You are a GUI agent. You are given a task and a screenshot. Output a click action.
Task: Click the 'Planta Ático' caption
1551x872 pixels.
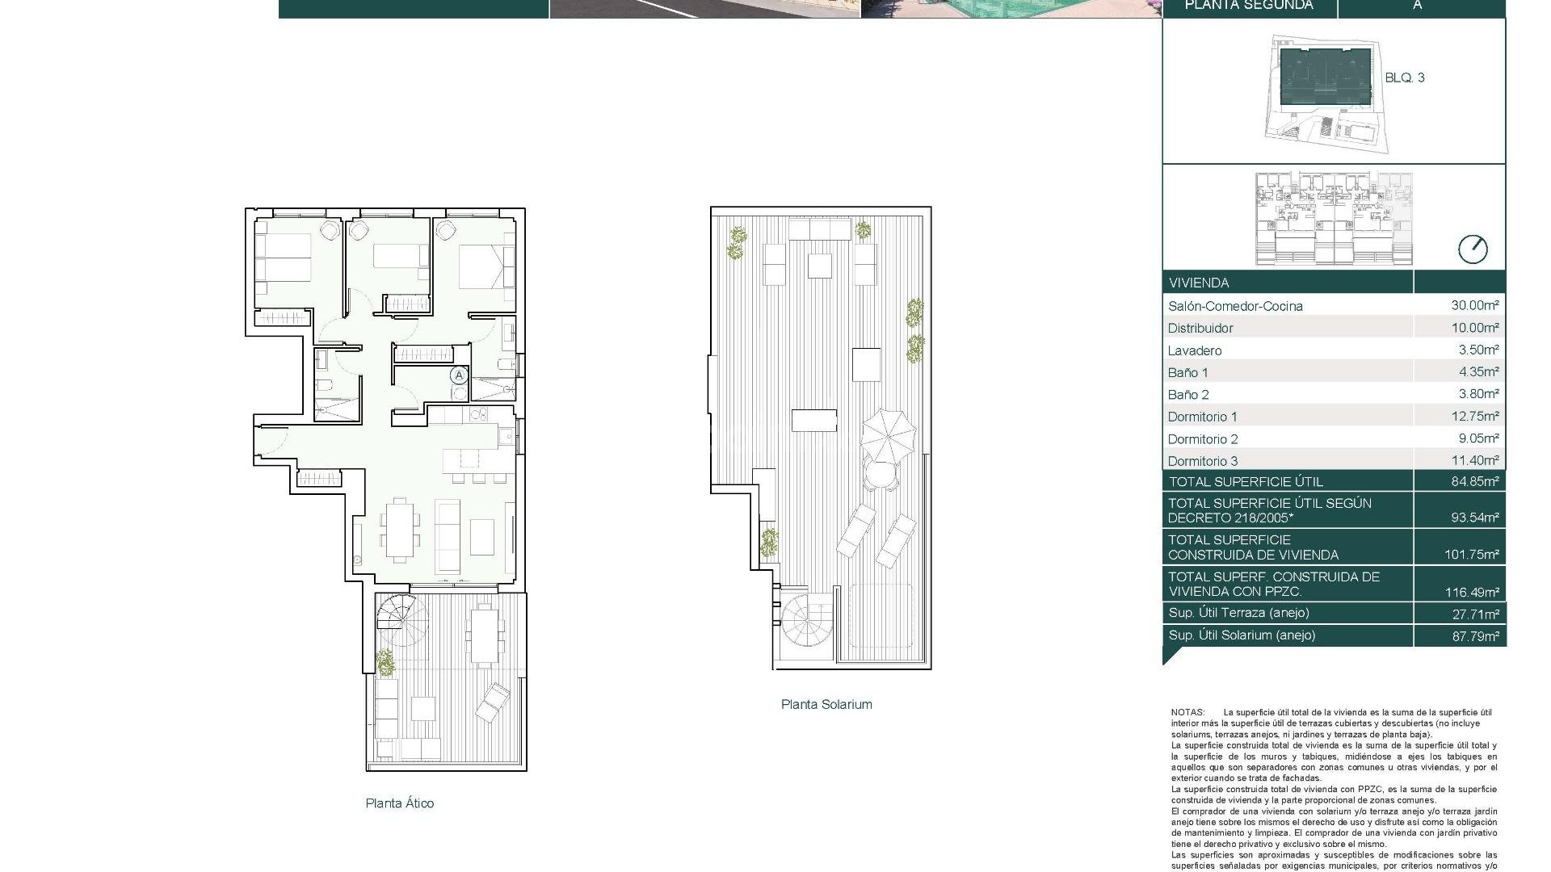(x=399, y=803)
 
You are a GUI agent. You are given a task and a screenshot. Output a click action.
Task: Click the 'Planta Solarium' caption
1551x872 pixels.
(x=826, y=704)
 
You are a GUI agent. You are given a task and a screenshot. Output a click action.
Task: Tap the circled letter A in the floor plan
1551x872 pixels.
(x=459, y=375)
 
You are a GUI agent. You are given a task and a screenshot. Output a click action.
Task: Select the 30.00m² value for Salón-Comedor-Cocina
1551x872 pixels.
(x=1474, y=305)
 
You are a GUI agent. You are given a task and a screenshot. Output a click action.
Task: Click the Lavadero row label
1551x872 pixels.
(x=1194, y=350)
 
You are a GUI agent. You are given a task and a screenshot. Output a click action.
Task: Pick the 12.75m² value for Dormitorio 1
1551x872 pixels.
(x=1474, y=417)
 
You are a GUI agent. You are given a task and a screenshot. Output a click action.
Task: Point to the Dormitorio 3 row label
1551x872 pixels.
(x=1202, y=461)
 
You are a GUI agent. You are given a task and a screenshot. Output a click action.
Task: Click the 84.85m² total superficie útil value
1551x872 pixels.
(x=1474, y=481)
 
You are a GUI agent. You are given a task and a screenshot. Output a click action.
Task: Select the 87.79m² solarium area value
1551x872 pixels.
(x=1474, y=636)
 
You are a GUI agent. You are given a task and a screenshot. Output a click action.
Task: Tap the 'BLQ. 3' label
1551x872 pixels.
(x=1404, y=78)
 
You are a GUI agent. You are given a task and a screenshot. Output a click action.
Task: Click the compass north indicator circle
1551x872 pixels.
(x=1472, y=249)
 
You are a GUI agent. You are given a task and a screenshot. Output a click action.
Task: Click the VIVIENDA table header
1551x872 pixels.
(x=1198, y=283)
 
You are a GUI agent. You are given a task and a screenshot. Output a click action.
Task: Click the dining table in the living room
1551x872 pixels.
(x=401, y=529)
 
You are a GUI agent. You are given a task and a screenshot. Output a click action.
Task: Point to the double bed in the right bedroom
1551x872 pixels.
(x=485, y=267)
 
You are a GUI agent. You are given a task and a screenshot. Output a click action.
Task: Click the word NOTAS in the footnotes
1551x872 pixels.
(x=1187, y=712)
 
